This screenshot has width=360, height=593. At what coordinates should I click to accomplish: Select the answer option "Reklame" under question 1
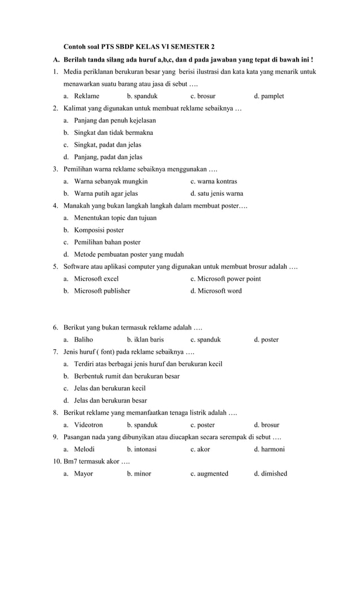[86, 96]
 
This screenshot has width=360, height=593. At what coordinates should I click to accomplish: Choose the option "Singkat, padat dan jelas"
[107, 144]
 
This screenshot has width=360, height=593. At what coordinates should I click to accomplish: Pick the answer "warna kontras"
[217, 181]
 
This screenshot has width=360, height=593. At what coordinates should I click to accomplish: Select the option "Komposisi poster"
[99, 230]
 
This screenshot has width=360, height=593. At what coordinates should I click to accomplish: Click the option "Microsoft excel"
[96, 278]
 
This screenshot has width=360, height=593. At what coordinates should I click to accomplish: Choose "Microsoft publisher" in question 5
[102, 291]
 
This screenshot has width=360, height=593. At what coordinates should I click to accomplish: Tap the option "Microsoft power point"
[229, 278]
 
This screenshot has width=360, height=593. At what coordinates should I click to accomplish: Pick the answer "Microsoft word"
[219, 291]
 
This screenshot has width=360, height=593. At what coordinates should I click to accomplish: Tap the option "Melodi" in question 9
[85, 449]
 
